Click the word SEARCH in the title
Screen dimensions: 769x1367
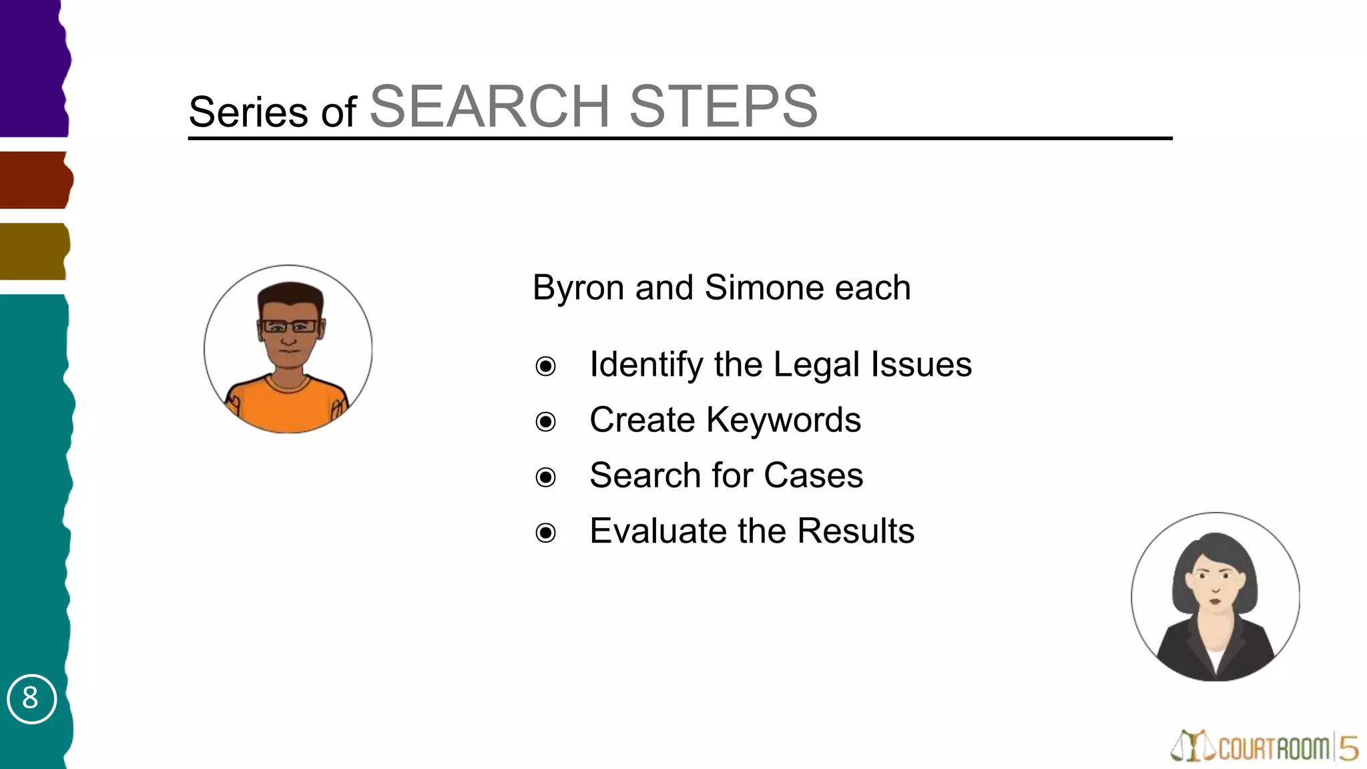click(x=489, y=107)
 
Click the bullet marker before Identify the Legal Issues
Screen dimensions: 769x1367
click(x=545, y=366)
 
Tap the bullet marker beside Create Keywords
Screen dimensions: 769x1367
click(x=545, y=422)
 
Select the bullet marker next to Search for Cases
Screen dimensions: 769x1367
click(x=545, y=477)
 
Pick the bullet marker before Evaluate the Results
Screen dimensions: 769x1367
click(x=545, y=533)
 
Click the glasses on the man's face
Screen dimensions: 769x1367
click(x=289, y=326)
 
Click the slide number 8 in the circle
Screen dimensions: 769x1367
click(x=31, y=698)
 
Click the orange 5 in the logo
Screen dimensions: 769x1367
click(x=1348, y=748)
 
